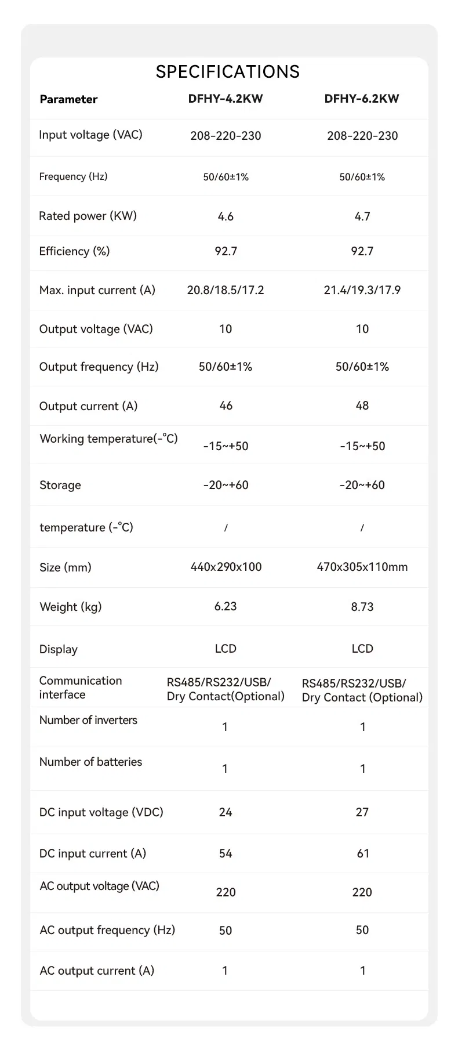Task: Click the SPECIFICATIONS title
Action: [x=228, y=71]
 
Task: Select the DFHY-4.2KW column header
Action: [x=226, y=99]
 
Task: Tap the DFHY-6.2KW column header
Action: [x=362, y=99]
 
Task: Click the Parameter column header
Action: [x=68, y=99]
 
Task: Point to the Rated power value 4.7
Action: [x=362, y=216]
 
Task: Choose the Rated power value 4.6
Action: [x=226, y=216]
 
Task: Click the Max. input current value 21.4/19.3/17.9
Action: [x=362, y=290]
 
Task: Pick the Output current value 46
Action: [x=226, y=406]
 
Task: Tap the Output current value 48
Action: [x=362, y=406]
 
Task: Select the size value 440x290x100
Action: [x=226, y=567]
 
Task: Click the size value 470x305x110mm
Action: [x=362, y=567]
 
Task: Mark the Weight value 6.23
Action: [x=226, y=606]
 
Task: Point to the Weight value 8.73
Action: [x=362, y=607]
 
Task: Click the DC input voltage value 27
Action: [x=362, y=812]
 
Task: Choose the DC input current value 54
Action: [x=226, y=853]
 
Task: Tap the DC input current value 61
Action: [x=363, y=853]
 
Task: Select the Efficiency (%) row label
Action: [x=74, y=251]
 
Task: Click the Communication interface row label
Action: [x=81, y=687]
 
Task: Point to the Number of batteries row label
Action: [x=90, y=762]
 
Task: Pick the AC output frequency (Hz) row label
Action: [x=107, y=930]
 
